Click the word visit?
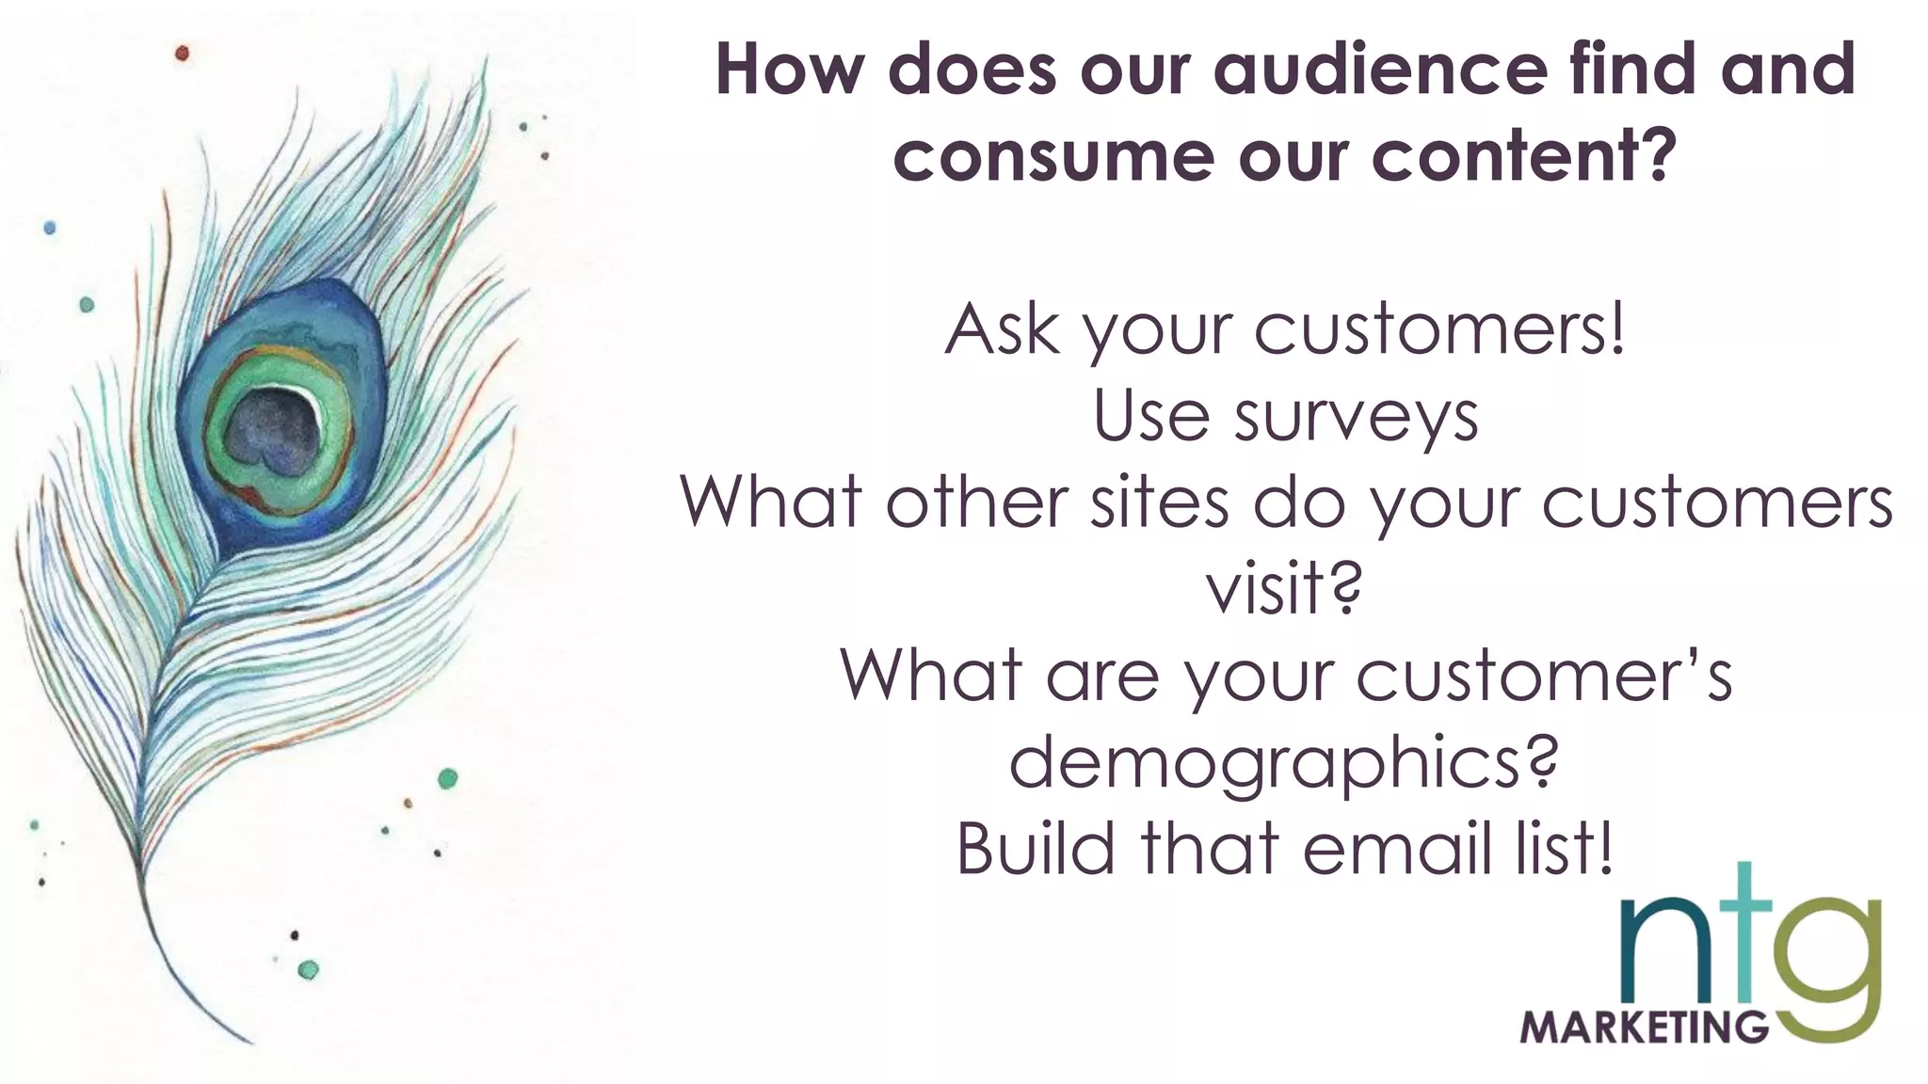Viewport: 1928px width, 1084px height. (x=1284, y=589)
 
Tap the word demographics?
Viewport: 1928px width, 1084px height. (x=1284, y=762)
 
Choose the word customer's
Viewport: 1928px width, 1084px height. (x=1544, y=676)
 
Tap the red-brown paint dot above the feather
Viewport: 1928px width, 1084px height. (x=183, y=54)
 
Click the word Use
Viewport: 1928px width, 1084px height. (x=1150, y=418)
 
